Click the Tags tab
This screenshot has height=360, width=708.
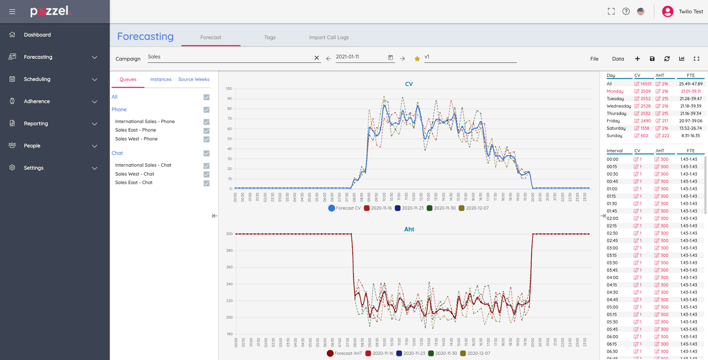[270, 38]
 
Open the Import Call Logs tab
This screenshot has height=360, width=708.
[329, 38]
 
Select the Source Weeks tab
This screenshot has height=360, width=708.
[194, 80]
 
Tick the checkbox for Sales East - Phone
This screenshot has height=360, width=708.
[207, 131]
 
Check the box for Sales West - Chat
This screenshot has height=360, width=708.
[207, 174]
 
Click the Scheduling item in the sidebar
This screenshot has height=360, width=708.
[37, 79]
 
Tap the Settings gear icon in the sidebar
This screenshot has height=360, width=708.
[12, 168]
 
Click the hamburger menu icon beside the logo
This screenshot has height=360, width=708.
[12, 12]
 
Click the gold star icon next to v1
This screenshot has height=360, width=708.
[417, 59]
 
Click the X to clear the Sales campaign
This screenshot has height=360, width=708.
[317, 58]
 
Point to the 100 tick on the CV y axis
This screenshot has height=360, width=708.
[229, 89]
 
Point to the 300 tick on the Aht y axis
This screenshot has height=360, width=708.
[229, 234]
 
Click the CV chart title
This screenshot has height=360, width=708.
[409, 84]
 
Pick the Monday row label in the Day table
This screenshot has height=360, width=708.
[615, 91]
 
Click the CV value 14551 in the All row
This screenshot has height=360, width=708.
[646, 84]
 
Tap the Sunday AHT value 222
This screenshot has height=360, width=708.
[666, 136]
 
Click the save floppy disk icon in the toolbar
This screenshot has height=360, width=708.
[652, 59]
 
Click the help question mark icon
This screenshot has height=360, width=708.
[626, 12]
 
